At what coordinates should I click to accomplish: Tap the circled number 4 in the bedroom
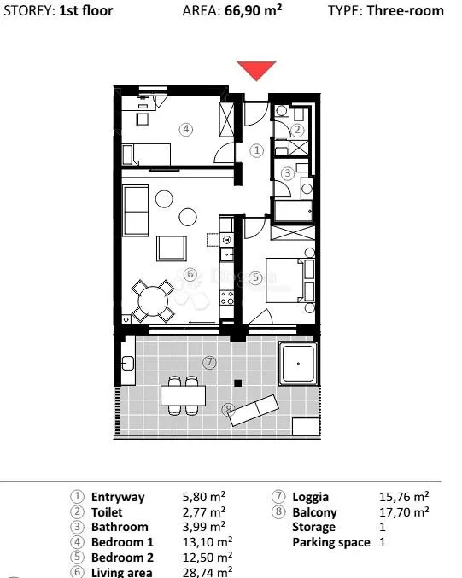pyautogui.click(x=186, y=129)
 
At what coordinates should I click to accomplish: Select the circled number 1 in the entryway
pyautogui.click(x=257, y=150)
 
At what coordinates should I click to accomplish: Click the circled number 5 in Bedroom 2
pyautogui.click(x=255, y=277)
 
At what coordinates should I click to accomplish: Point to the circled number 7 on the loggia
pyautogui.click(x=209, y=362)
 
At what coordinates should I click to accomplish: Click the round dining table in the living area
pyautogui.click(x=153, y=301)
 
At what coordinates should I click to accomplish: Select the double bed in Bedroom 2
pyautogui.click(x=284, y=280)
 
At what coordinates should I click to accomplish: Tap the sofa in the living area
pyautogui.click(x=136, y=211)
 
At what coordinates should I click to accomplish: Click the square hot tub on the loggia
pyautogui.click(x=298, y=364)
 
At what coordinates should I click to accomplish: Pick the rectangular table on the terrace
pyautogui.click(x=183, y=395)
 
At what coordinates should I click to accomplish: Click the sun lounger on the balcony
pyautogui.click(x=254, y=410)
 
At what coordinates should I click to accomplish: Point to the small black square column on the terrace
pyautogui.click(x=238, y=383)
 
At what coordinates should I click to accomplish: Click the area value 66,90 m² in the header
pyautogui.click(x=253, y=10)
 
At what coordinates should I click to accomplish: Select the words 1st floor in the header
pyautogui.click(x=86, y=10)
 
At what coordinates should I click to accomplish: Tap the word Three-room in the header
pyautogui.click(x=406, y=10)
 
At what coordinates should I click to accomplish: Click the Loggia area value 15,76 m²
pyautogui.click(x=404, y=497)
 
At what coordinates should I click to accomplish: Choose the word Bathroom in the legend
pyautogui.click(x=120, y=527)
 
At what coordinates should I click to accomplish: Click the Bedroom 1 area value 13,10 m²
pyautogui.click(x=208, y=542)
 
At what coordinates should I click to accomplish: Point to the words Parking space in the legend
pyautogui.click(x=331, y=543)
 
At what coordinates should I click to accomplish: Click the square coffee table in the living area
pyautogui.click(x=172, y=248)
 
